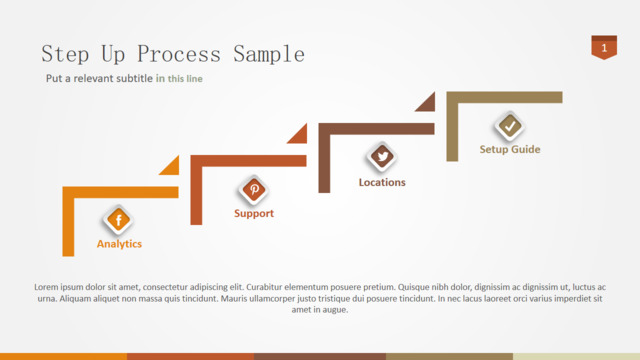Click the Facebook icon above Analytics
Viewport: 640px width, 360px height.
118,220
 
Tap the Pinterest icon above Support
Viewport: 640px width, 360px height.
254,189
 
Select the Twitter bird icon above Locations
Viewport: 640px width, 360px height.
382,157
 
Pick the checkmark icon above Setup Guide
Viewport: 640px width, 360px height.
510,126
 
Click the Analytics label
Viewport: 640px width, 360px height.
119,244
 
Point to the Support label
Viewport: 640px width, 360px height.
254,213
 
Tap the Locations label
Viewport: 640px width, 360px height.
382,182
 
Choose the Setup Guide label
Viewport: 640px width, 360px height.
510,149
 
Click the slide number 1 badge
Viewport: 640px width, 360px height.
604,47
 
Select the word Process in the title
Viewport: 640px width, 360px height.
179,54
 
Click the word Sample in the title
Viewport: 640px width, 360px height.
269,54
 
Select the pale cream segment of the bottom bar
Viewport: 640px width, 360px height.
576,357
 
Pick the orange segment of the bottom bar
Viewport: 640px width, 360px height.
63,357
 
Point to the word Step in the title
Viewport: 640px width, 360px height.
65,54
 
